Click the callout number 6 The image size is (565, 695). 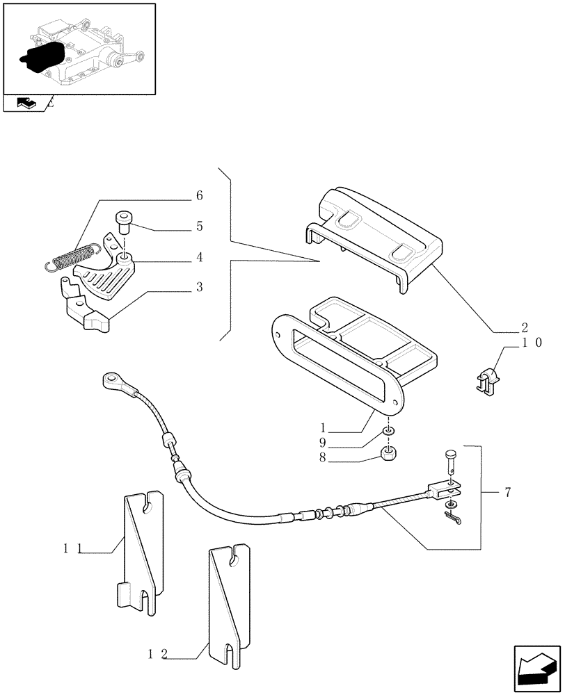199,196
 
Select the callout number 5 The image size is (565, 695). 199,226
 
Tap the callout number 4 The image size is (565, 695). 199,257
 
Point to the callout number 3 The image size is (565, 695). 199,286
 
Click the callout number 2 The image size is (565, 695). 524,327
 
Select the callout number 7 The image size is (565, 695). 508,493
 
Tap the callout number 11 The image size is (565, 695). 70,549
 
